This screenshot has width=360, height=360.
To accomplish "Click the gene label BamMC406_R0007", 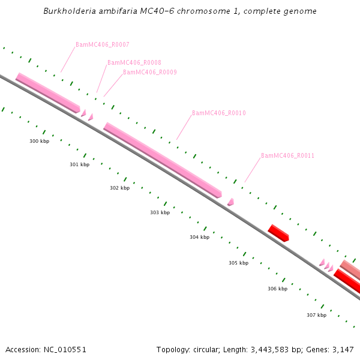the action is coord(103,45).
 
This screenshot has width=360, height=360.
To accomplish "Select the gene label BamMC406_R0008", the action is coord(134,62).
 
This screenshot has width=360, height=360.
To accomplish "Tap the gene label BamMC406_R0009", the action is coord(150,72).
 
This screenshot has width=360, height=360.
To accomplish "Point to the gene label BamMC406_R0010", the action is coord(219,113).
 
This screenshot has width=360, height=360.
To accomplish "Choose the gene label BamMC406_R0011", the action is coord(288,155).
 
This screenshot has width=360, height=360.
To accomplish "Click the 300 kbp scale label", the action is coord(40,141).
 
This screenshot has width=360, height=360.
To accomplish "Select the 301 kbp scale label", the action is coord(80,164).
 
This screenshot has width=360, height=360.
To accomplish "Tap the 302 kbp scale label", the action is coord(119,188).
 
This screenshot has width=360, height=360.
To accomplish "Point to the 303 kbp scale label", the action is coord(160,212).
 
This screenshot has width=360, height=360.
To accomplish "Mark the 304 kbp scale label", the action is coord(200,237).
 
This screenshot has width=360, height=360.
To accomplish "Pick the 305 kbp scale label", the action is coord(238,263).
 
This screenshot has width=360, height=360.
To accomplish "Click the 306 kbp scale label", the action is coord(277,289).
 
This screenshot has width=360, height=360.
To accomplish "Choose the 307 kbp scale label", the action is coord(316,315).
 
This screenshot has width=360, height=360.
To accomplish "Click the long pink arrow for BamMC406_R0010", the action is coord(163,160).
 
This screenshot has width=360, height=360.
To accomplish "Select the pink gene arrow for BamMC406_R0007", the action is coord(48,92).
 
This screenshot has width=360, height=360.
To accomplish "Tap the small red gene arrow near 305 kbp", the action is coord(278,233).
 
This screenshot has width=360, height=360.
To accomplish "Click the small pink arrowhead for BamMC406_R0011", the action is coord(231,202).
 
